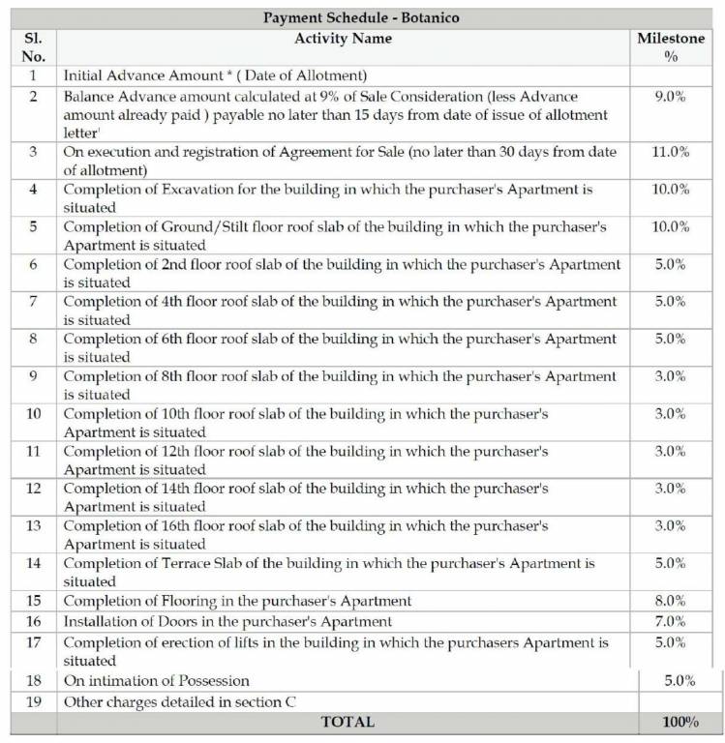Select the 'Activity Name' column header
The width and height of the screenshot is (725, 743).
(x=344, y=39)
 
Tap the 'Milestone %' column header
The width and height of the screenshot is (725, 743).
(x=671, y=47)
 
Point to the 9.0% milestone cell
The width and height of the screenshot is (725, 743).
(x=671, y=97)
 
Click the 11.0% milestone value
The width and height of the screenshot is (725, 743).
(x=671, y=152)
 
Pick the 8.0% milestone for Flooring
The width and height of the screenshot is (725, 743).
(x=671, y=601)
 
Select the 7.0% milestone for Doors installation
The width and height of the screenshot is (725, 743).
(x=671, y=621)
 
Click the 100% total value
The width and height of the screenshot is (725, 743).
(x=680, y=722)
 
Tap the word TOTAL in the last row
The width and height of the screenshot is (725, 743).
(x=347, y=722)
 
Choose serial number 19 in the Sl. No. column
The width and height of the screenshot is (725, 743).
(x=34, y=701)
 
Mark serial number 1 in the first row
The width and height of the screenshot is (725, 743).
(x=34, y=75)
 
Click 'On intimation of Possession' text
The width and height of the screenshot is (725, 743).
(x=157, y=681)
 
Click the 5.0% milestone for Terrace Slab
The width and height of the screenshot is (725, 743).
(x=671, y=563)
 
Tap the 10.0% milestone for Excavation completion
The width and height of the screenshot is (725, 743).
(x=671, y=190)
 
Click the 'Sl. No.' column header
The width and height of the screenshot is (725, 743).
(x=34, y=47)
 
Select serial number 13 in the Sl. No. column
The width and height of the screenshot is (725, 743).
(x=34, y=526)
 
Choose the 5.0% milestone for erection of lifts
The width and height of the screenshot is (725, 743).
(x=671, y=641)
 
